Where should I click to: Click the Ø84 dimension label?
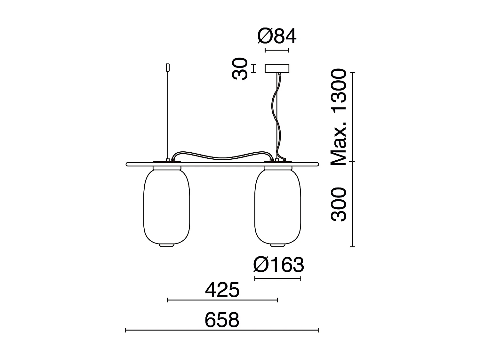point(277,36)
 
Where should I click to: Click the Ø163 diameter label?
point(279,265)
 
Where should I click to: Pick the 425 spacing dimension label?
point(222,290)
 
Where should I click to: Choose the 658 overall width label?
point(222,320)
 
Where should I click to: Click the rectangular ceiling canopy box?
point(277,68)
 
